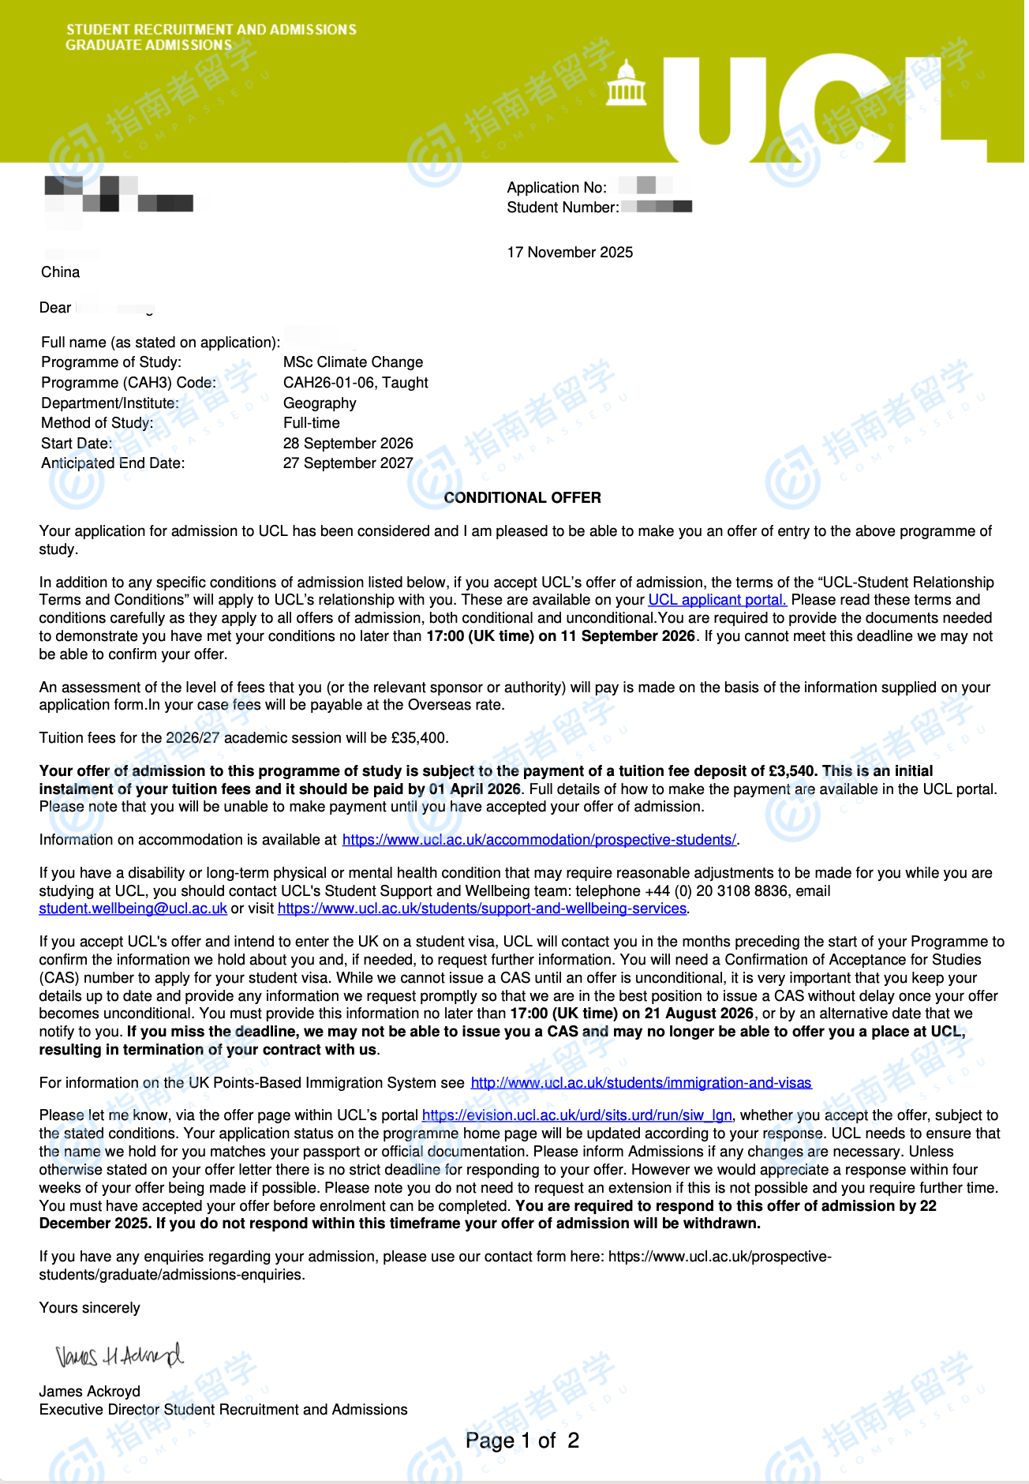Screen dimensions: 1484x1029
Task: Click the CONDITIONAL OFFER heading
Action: (522, 497)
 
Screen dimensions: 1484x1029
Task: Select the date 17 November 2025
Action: (570, 253)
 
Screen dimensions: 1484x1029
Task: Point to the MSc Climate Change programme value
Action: (353, 362)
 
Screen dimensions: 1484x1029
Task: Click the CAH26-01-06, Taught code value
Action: (355, 383)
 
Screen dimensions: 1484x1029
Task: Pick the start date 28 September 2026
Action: (348, 444)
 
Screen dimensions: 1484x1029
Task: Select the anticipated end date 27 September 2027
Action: (348, 463)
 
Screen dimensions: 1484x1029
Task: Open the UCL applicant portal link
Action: (717, 600)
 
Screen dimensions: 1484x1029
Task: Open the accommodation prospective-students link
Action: (539, 840)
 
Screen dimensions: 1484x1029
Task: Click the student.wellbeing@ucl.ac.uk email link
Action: (133, 909)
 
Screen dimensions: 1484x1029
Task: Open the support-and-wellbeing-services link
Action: (481, 909)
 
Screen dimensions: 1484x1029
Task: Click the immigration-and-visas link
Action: (641, 1083)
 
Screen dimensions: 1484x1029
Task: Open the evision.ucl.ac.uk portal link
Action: (577, 1115)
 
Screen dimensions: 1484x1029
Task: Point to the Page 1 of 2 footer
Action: (522, 1441)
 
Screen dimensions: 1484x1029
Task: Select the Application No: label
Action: (556, 188)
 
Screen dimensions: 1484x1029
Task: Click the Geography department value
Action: (320, 403)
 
